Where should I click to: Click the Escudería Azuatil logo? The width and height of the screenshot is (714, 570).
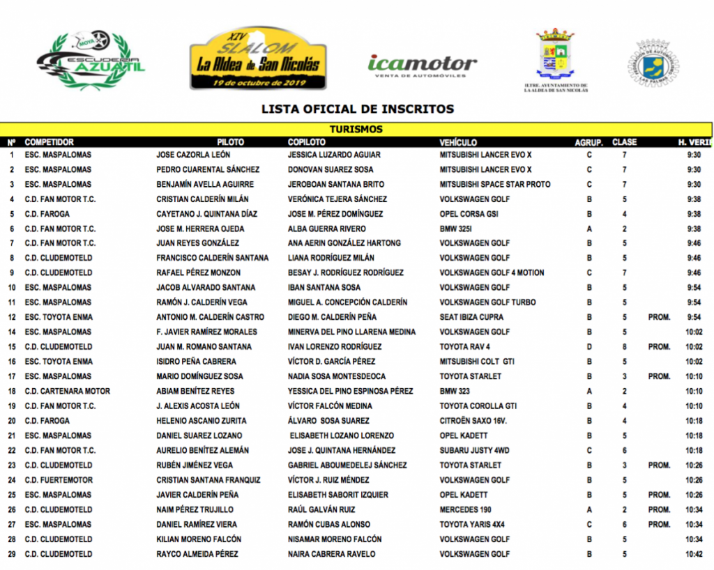[x=91, y=61]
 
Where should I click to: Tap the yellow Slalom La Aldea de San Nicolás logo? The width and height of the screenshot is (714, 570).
[x=258, y=59]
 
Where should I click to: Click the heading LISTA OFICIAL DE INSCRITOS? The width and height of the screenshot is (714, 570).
[x=357, y=109]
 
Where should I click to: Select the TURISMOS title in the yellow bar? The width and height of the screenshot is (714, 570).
[x=356, y=130]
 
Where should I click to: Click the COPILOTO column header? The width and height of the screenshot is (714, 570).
[x=307, y=142]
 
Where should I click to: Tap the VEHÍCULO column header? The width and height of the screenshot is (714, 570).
[x=458, y=142]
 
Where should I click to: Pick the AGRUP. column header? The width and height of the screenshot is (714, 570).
[x=588, y=142]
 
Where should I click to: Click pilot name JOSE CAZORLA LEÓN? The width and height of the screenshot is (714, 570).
[x=193, y=155]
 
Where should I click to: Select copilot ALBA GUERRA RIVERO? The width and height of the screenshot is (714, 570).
[x=327, y=229]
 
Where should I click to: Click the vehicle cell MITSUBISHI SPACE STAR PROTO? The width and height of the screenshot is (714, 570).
[x=495, y=185]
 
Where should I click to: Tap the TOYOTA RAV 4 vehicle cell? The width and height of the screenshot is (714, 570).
[x=465, y=346]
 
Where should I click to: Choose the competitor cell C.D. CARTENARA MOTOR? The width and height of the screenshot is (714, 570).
[x=68, y=391]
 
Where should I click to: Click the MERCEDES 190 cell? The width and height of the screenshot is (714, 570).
[x=465, y=509]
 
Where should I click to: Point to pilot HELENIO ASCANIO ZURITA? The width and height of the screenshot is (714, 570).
[x=197, y=421]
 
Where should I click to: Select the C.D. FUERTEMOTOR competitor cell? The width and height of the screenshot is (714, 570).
[x=59, y=480]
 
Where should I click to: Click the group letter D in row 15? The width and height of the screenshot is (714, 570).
[x=589, y=346]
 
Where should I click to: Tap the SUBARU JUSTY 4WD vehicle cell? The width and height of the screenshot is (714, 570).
[x=475, y=450]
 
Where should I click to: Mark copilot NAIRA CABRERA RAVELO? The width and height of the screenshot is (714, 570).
[x=331, y=554]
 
